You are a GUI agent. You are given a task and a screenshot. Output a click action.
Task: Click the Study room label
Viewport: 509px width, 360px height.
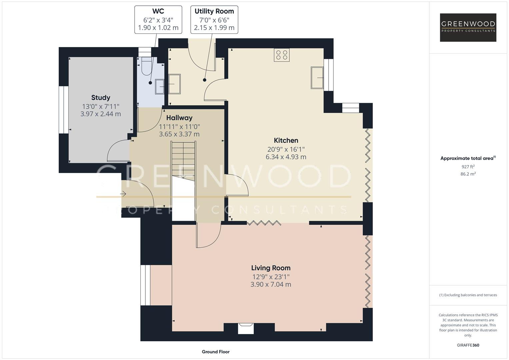pos(101,98)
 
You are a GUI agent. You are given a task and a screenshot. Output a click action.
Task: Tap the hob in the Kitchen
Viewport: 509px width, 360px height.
pos(282,55)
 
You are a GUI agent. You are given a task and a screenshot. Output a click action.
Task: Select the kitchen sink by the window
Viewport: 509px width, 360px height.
pos(317,78)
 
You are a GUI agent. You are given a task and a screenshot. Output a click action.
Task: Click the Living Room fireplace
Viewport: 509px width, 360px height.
pos(246,328)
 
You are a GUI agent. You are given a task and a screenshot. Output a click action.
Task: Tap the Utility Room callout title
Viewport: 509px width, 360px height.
pos(214,11)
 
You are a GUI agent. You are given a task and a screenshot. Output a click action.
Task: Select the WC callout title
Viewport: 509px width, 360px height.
pos(158,11)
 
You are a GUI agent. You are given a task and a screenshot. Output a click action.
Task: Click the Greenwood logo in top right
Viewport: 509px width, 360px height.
pos(468,27)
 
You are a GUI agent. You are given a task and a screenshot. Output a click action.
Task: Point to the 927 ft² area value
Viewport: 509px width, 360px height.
pos(468,167)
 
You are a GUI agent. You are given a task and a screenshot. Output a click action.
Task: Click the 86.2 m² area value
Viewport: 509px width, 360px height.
pos(468,174)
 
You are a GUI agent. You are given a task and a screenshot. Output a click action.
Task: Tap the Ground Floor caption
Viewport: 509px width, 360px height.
pos(216,352)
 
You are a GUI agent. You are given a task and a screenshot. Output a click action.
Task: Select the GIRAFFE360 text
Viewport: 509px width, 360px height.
pos(468,345)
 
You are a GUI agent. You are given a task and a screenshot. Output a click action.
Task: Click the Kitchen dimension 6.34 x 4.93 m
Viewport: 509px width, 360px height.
pos(286,157)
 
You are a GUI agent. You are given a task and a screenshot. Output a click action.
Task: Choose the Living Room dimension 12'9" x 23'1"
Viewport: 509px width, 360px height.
pos(271,277)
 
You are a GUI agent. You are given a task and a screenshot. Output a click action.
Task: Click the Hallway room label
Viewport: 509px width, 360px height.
pos(179,118)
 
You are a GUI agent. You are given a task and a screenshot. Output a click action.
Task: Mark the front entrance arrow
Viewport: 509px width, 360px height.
pos(123,194)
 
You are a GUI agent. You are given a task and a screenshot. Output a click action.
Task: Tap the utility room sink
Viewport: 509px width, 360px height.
pos(175,84)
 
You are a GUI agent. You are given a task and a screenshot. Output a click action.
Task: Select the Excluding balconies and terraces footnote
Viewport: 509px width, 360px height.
pos(468,295)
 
